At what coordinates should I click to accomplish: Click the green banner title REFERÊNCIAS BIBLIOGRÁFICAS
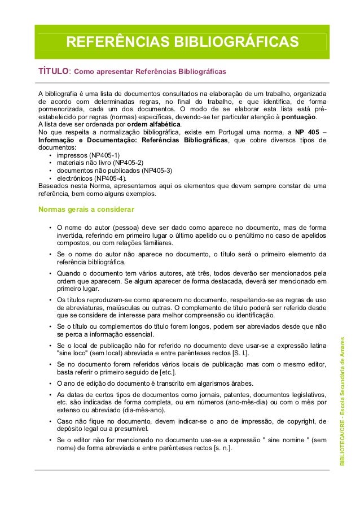coord(182,42)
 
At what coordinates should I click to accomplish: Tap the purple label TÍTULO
coord(53,72)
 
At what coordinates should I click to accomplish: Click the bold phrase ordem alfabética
coord(154,124)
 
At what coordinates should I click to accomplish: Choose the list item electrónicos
coord(77,178)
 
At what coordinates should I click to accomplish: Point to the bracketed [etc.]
coord(167,372)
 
